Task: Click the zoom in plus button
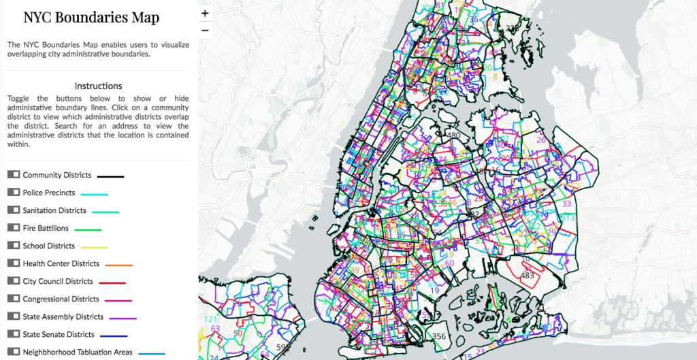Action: (206, 13)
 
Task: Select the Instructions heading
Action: (98, 86)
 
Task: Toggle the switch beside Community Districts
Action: (14, 175)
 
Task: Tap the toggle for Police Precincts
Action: (14, 193)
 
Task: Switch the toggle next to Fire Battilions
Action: (14, 228)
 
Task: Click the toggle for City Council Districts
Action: (14, 281)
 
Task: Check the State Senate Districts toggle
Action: (14, 334)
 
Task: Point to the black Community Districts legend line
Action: (110, 176)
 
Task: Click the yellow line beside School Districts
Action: (95, 246)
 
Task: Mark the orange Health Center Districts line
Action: (119, 264)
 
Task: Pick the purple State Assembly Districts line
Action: (123, 318)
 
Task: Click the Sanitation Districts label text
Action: (54, 210)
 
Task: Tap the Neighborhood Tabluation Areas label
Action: (77, 352)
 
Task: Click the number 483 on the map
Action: (527, 276)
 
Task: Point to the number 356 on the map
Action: (439, 336)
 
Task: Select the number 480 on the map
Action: (454, 135)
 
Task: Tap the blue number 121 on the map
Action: (211, 319)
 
